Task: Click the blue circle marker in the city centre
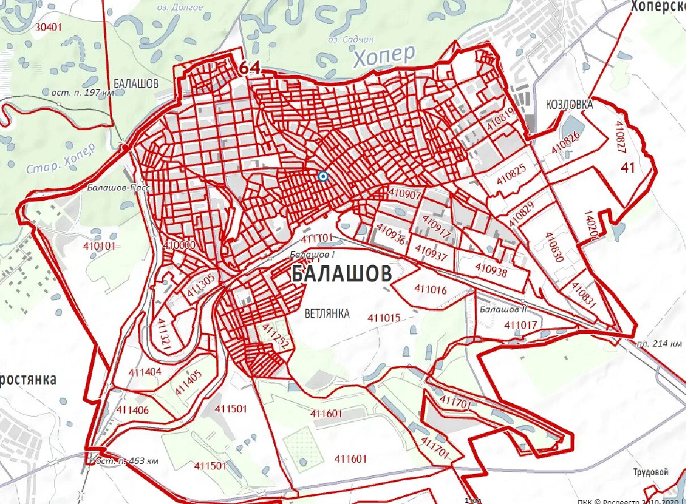(323, 176)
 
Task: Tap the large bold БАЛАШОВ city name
(341, 275)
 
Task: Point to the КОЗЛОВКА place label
(569, 105)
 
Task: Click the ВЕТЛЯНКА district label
(327, 313)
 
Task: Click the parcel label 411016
(430, 289)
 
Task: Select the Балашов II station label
(503, 310)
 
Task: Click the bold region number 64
(250, 68)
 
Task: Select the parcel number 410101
(99, 246)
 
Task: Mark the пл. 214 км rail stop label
(658, 343)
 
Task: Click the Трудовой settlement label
(651, 472)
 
